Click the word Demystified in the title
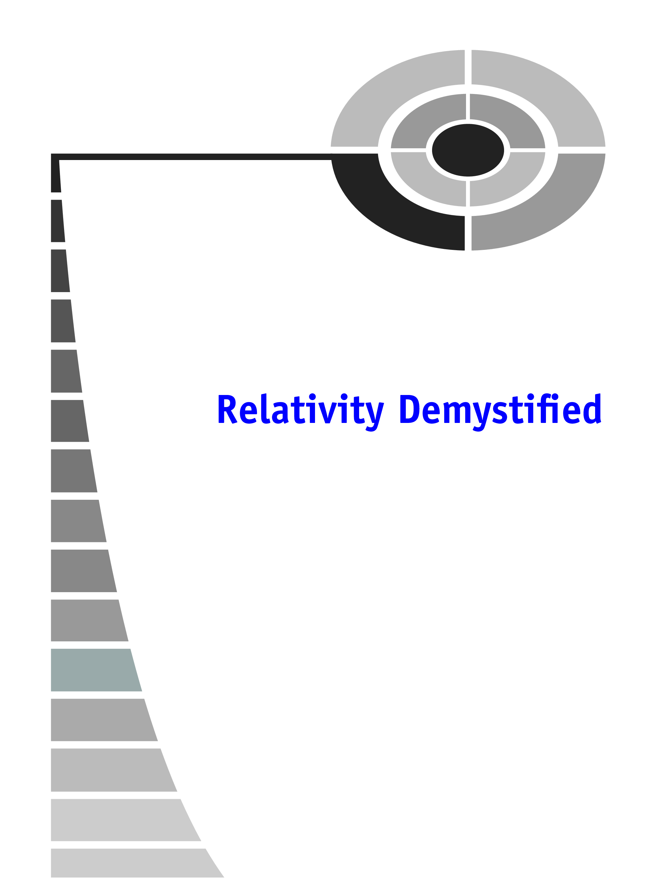(x=500, y=410)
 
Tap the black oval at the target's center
(x=468, y=150)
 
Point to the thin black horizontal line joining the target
(x=197, y=157)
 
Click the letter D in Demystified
(x=409, y=410)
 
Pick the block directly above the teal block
(x=87, y=620)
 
